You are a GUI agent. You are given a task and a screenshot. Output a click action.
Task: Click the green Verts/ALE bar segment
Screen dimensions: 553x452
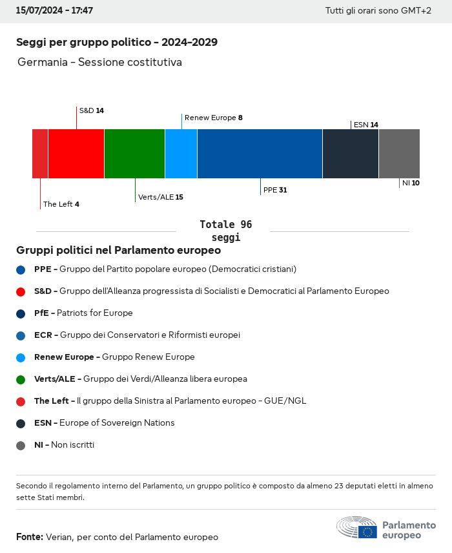click(134, 153)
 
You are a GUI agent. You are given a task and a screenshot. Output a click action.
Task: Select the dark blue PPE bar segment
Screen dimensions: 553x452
click(260, 153)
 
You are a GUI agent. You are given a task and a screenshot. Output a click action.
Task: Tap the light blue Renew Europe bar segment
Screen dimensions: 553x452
click(181, 153)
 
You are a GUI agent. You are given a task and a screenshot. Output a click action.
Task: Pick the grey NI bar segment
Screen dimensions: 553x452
click(399, 153)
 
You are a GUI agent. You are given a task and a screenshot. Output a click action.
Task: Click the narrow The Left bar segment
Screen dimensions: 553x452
click(40, 153)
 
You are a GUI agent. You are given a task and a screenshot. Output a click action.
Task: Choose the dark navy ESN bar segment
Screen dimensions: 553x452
click(350, 153)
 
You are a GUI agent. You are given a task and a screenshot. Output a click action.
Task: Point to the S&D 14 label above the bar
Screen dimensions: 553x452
click(91, 110)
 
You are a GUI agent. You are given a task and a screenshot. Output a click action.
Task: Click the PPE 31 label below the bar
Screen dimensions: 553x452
click(274, 190)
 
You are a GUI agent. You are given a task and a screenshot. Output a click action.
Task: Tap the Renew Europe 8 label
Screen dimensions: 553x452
click(213, 118)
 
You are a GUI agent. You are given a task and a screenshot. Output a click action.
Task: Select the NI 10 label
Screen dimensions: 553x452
click(411, 183)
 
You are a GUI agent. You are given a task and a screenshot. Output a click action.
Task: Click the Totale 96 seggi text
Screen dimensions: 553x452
click(225, 231)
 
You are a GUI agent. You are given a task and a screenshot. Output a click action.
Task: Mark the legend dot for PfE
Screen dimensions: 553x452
click(21, 313)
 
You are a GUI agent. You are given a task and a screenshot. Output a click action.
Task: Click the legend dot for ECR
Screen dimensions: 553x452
click(21, 335)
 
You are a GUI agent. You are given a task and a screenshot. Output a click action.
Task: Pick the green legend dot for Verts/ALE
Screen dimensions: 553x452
click(21, 379)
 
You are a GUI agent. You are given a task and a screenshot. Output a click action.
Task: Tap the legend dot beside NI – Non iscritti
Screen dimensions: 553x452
click(21, 445)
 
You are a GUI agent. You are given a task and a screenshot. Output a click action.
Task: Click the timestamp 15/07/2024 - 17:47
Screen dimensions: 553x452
click(54, 11)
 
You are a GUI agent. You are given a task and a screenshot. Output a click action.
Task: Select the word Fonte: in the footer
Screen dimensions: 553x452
click(30, 537)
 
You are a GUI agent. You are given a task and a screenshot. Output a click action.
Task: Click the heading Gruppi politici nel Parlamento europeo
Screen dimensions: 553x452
click(118, 250)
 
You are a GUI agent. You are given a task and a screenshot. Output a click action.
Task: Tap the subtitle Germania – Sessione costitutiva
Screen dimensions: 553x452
click(99, 62)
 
